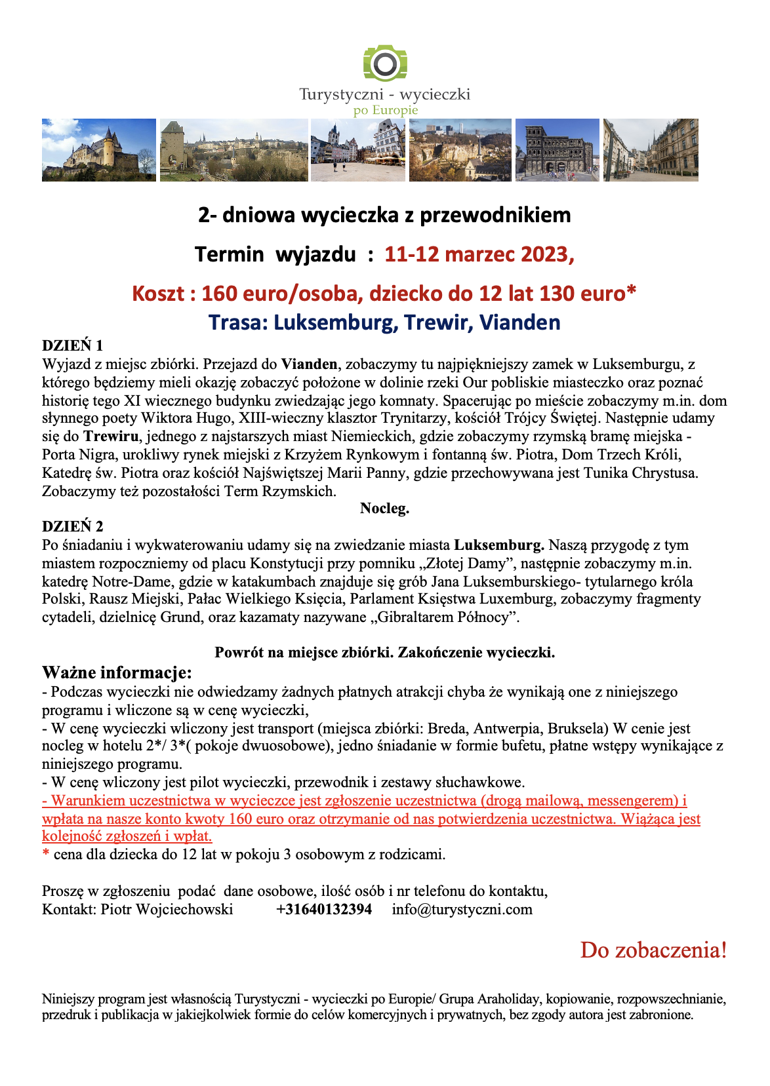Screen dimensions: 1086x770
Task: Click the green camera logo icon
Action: coord(385,64)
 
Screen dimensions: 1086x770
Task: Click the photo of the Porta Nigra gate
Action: coord(557,149)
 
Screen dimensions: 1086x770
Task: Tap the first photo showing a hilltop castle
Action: coord(99,149)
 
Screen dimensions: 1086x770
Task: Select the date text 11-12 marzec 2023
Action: coord(479,254)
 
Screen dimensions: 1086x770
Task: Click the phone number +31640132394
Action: coord(324,910)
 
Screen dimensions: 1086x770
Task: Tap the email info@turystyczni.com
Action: coord(462,910)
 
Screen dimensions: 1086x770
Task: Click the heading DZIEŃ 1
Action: coord(72,345)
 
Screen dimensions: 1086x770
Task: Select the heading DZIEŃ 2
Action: coord(72,526)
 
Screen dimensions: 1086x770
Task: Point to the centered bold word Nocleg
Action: coord(384,508)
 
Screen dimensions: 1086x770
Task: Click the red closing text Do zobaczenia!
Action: coord(653,950)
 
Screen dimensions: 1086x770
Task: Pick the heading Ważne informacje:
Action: coord(117,672)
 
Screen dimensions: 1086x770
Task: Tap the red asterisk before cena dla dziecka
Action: coord(46,854)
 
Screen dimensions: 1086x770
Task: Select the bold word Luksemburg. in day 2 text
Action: coord(498,545)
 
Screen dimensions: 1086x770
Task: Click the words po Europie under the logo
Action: coord(385,110)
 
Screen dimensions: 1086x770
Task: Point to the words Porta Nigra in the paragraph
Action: coord(75,454)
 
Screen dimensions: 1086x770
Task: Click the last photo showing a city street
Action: coord(650,149)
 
